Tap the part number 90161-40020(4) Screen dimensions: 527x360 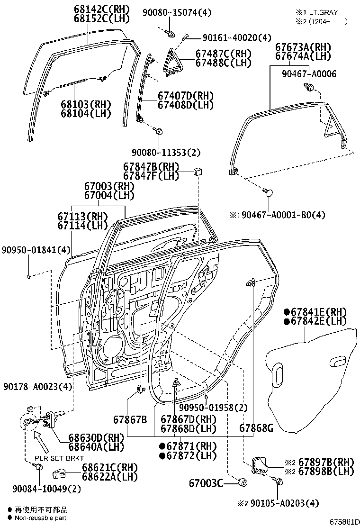(x=230, y=37)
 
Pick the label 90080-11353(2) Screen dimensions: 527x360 (x=166, y=152)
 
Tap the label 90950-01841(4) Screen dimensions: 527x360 (x=36, y=249)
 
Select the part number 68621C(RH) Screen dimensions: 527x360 (x=98, y=467)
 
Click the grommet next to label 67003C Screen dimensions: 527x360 (x=244, y=482)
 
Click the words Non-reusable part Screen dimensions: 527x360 (x=40, y=518)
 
